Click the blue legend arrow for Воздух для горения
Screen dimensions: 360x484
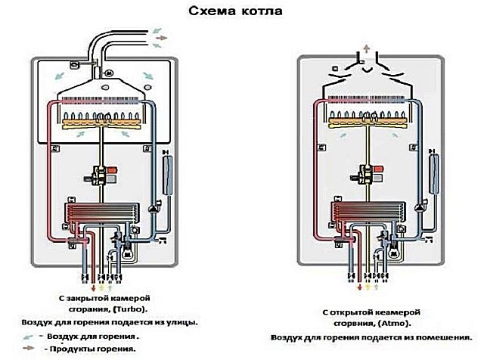[29, 335]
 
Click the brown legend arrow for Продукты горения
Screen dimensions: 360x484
[29, 348]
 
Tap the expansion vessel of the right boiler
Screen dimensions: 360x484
[434, 172]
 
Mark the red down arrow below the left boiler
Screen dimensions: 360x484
[95, 287]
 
